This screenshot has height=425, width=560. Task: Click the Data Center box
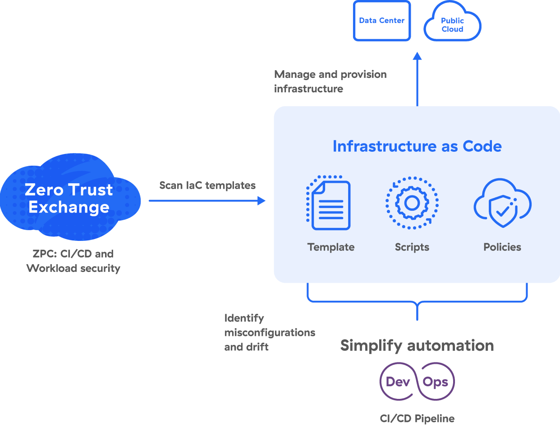point(381,21)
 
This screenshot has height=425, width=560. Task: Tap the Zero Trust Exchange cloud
point(69,198)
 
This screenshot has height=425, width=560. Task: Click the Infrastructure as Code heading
point(417,146)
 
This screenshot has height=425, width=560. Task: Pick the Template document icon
point(329,203)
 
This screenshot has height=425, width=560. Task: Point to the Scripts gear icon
point(412,203)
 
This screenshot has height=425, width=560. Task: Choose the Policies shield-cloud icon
point(502,203)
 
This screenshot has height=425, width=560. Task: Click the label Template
point(331,247)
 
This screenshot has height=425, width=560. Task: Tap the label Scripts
point(412,247)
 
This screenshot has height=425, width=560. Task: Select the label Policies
point(502,247)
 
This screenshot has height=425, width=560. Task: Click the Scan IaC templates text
point(207,185)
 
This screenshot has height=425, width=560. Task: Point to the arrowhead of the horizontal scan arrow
point(262,201)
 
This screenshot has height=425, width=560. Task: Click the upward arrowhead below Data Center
point(417,56)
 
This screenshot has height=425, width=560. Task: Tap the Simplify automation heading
point(417,346)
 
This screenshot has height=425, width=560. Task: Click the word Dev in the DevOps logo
point(398,382)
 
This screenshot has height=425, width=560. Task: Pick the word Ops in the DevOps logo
point(435,382)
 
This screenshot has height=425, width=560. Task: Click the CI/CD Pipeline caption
point(417,418)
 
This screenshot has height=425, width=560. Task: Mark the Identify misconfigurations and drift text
point(269,333)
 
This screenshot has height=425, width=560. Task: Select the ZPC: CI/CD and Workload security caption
point(73,261)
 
